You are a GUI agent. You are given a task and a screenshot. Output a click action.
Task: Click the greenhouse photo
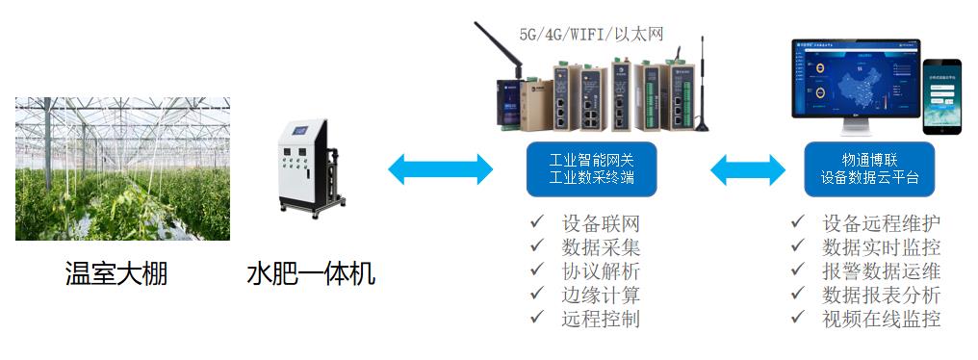[x=122, y=167]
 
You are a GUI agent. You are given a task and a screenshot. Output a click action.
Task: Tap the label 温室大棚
[x=116, y=274]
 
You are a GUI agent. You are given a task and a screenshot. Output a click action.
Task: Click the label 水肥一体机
[x=310, y=274]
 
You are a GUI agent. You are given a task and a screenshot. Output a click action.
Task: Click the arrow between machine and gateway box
[x=440, y=170]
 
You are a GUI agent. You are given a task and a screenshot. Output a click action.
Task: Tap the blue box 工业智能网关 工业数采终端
[x=590, y=169]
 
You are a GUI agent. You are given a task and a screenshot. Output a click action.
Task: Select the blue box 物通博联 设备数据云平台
[x=870, y=169]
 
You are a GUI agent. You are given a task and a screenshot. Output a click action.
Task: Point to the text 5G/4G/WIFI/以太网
[x=591, y=35]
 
